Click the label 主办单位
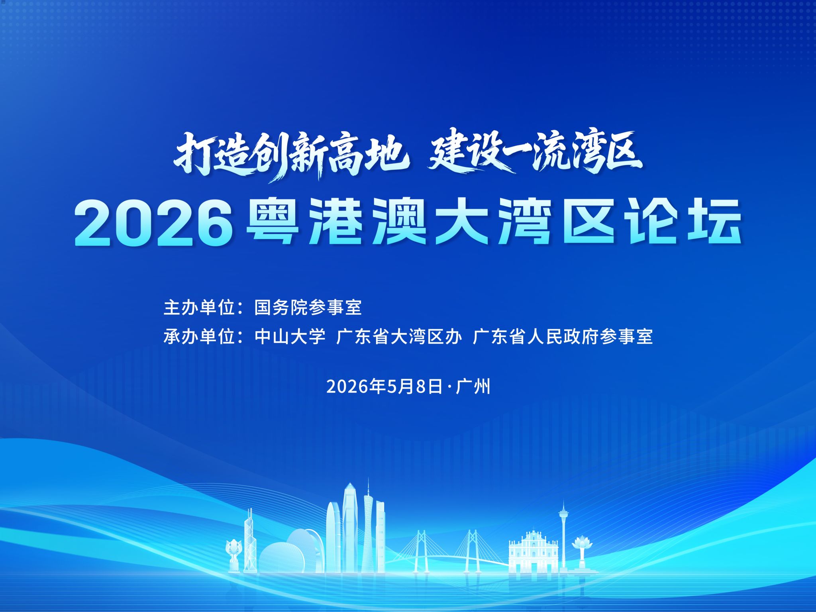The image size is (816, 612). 198,308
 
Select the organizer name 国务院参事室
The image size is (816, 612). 308,308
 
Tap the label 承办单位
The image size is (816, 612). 198,337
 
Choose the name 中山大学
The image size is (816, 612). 290,337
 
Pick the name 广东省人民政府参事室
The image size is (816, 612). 563,337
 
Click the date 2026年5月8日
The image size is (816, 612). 384,386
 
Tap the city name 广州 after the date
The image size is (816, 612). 473,386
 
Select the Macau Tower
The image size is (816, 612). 563,536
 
